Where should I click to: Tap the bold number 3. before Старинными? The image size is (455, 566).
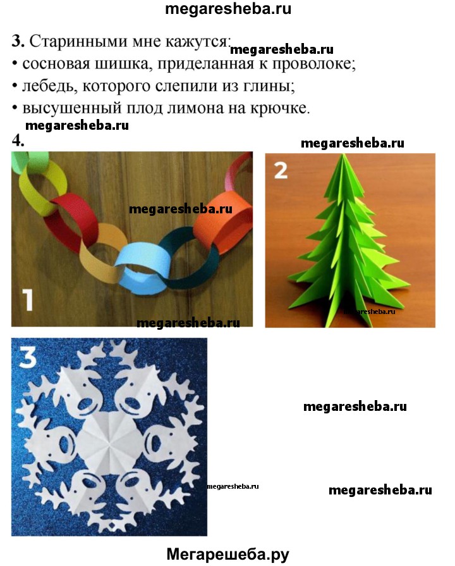click(x=18, y=41)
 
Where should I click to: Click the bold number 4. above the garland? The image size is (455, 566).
click(x=18, y=140)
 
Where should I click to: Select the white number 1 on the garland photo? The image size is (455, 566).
click(x=28, y=299)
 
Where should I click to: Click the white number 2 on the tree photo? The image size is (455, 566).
click(x=281, y=170)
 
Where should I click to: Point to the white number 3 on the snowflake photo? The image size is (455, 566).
click(x=27, y=358)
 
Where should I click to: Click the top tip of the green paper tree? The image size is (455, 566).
click(x=343, y=154)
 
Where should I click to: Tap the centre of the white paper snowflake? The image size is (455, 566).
click(x=108, y=437)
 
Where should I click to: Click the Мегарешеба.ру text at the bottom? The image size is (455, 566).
click(x=227, y=555)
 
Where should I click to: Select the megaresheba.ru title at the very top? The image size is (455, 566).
click(x=227, y=9)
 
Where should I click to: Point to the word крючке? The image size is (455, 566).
click(x=279, y=108)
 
